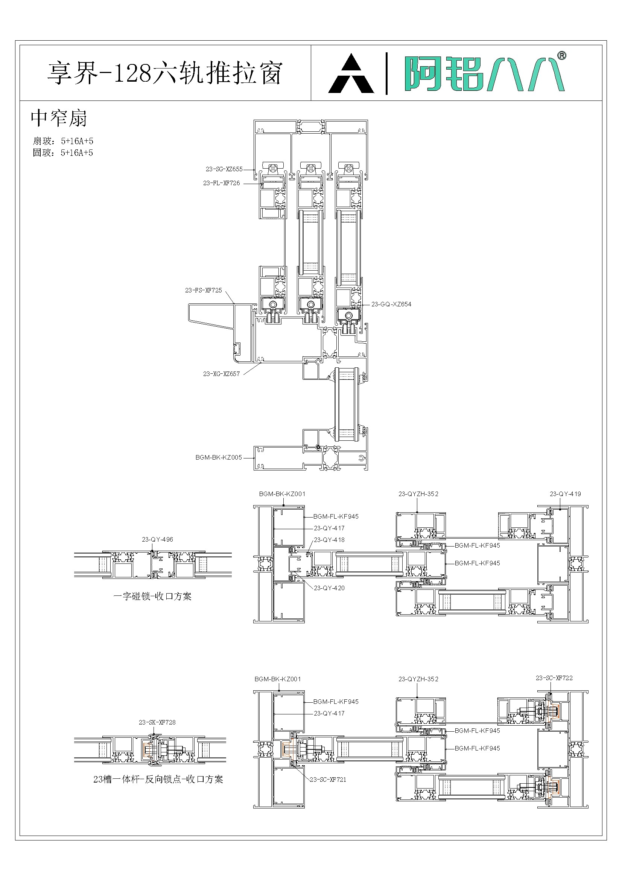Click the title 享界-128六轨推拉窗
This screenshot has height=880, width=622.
165,73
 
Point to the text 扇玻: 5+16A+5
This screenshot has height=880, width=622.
63,141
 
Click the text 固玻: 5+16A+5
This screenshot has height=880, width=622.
63,153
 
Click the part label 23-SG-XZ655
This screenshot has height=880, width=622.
224,169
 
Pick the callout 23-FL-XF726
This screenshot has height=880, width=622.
222,183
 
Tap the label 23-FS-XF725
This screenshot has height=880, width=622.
204,291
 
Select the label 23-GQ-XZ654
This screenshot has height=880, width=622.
391,304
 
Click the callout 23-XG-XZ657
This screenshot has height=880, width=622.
222,374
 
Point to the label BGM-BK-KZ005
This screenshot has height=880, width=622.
219,457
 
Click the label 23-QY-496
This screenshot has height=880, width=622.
158,539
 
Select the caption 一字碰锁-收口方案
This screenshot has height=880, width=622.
152,596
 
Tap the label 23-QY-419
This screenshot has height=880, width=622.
565,494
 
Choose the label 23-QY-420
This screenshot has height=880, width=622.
329,588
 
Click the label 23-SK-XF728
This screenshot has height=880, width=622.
157,722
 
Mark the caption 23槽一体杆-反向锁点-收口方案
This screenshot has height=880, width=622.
158,779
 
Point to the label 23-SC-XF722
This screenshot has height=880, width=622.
554,678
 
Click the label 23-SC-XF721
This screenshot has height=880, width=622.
328,780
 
